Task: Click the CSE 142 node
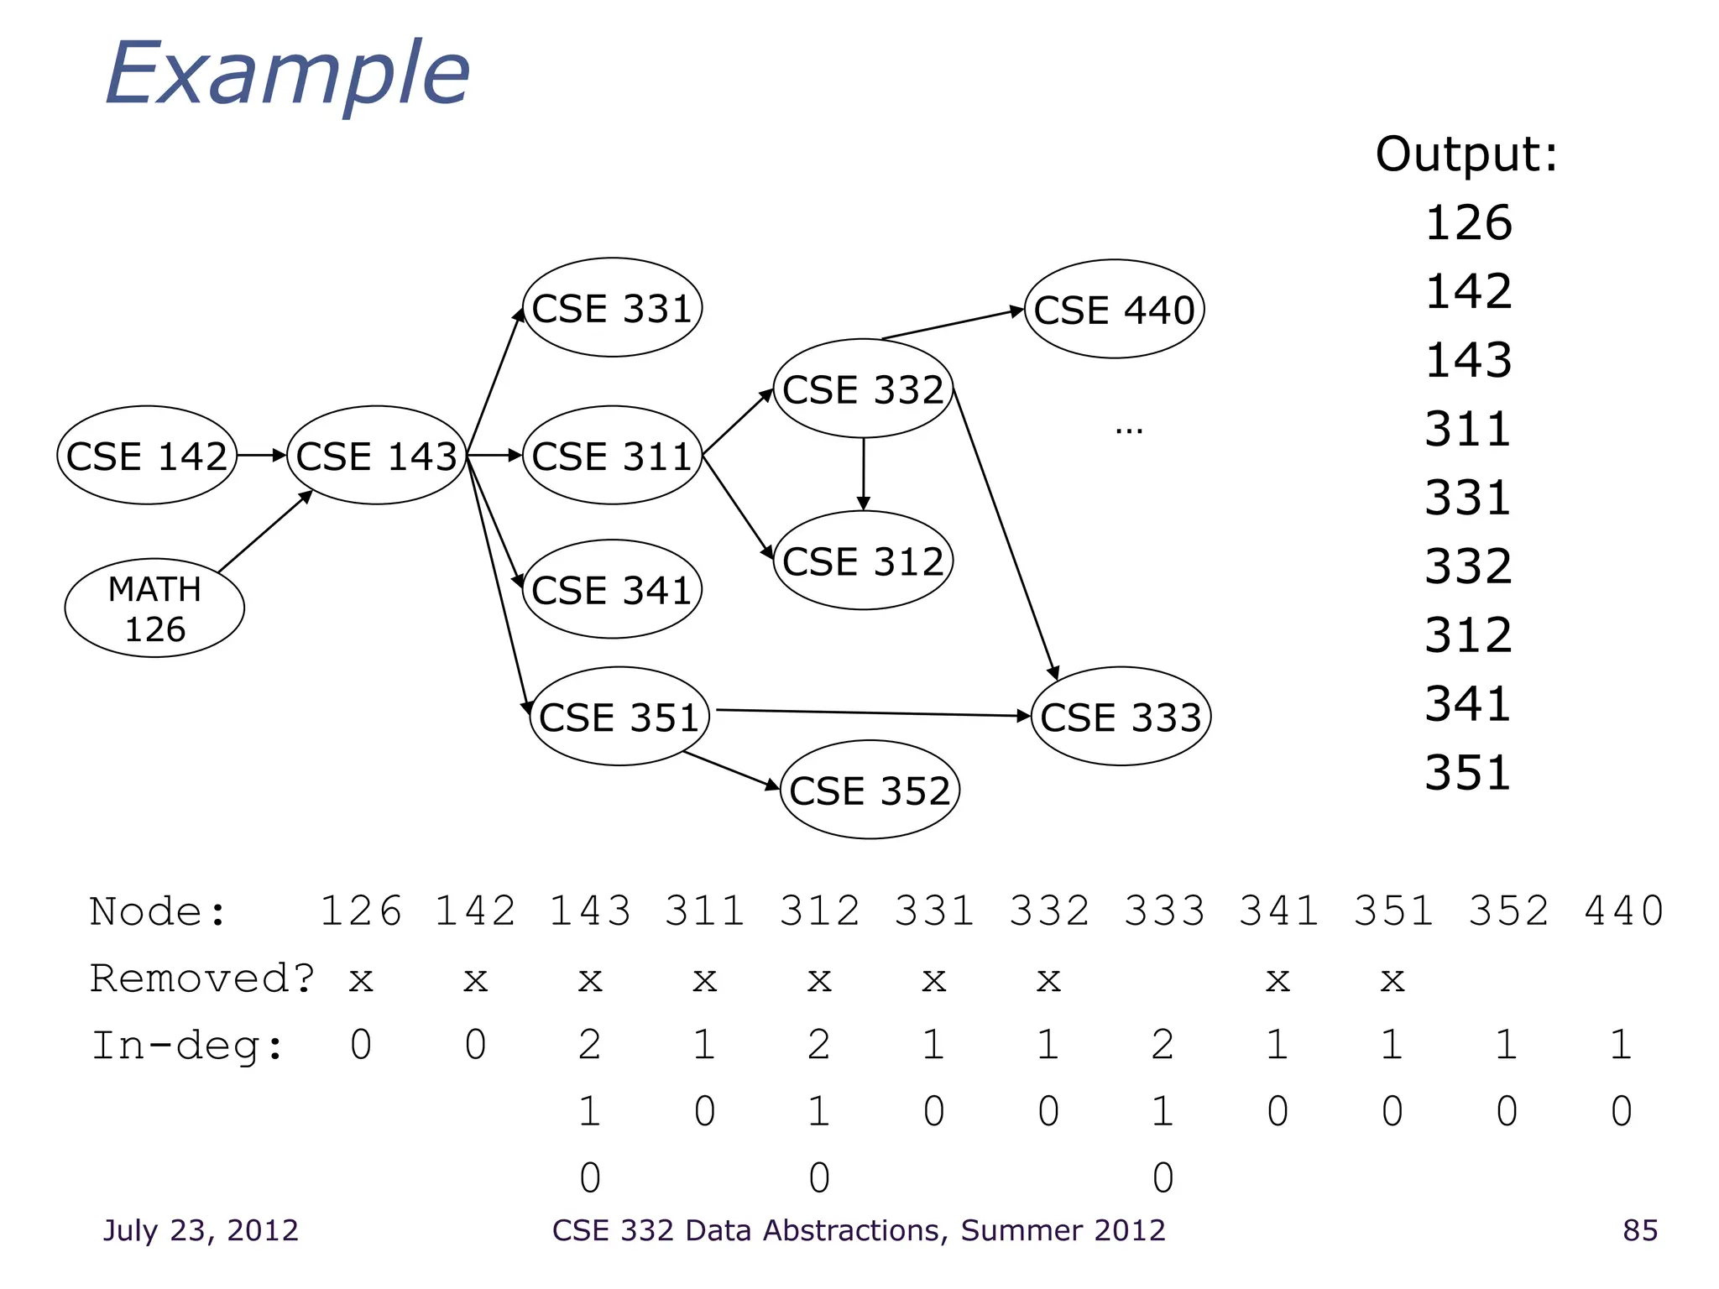[147, 456]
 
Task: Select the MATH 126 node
[154, 608]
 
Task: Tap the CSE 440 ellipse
[1114, 310]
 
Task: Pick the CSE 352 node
[870, 791]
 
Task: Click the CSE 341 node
[612, 589]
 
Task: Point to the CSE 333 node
[1121, 717]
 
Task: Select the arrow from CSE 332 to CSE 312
[863, 474]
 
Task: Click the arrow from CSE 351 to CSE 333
[873, 713]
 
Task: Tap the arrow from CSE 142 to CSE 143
[261, 456]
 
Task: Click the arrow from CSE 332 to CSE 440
[953, 324]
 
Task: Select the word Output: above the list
[1466, 154]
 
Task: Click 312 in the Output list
[1468, 635]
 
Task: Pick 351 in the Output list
[1468, 773]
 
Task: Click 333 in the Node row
[1163, 911]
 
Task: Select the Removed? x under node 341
[1277, 979]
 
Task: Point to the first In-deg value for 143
[590, 1046]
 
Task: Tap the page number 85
[1640, 1230]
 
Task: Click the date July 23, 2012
[201, 1230]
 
